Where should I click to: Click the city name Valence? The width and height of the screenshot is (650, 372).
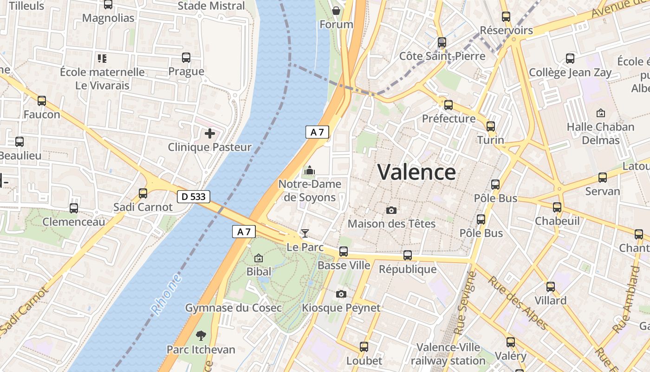416,173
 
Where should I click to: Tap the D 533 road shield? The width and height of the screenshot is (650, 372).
194,197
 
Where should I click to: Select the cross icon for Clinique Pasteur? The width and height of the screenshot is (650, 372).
210,134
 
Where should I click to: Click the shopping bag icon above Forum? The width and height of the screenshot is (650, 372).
336,10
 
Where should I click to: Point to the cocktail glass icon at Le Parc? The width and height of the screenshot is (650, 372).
305,233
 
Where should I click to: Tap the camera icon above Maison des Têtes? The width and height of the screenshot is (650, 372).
391,210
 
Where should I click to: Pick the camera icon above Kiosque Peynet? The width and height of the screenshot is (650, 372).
341,294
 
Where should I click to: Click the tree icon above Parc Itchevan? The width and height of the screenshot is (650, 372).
201,335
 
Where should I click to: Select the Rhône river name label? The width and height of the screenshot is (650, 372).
166,294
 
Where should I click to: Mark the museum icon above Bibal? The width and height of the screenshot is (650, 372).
259,258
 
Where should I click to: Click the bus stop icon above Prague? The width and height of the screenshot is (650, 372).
186,58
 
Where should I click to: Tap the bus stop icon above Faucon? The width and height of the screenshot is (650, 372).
42,100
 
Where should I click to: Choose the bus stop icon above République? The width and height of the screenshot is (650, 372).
408,255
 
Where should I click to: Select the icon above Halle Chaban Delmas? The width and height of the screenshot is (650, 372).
600,113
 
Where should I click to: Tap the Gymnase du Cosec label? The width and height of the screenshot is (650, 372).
234,308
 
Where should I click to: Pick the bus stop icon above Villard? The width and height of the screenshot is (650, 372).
551,287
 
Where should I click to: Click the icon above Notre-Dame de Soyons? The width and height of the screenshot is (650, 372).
309,171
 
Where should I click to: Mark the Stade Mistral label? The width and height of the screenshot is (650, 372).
211,6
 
